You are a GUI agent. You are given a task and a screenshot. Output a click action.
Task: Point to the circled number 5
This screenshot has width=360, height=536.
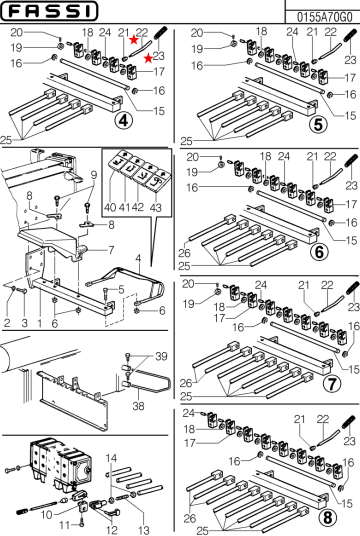click(x=317, y=125)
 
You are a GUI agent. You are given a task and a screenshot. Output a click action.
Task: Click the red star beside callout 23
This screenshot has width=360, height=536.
click(x=148, y=59)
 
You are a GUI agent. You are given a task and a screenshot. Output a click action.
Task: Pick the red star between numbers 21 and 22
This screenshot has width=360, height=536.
click(x=132, y=40)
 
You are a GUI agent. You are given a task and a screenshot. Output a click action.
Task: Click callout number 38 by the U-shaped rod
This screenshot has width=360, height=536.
click(x=137, y=408)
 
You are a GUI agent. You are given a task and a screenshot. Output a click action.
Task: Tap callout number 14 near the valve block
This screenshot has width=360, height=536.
click(x=111, y=457)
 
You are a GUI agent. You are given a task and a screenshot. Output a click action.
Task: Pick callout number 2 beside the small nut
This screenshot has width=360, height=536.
click(x=8, y=323)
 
